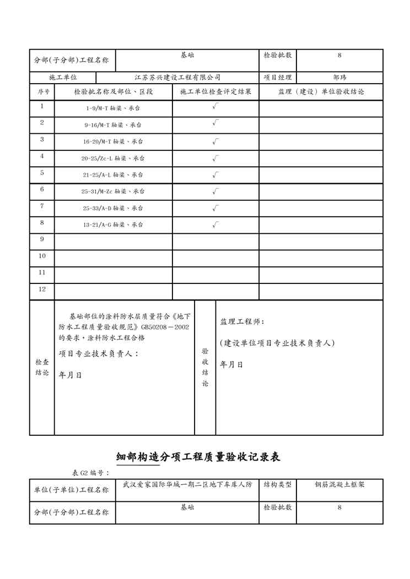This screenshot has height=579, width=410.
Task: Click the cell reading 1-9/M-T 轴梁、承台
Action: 113,108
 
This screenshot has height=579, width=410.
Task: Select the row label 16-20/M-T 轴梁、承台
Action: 113,141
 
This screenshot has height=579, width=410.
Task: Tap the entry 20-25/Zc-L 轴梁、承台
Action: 113,158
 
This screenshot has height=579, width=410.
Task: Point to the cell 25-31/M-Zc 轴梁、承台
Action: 113,192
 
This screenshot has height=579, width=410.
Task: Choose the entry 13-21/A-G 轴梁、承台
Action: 113,225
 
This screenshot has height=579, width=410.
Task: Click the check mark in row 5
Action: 215,175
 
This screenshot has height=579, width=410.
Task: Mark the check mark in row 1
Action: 215,107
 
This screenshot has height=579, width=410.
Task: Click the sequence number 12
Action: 42,289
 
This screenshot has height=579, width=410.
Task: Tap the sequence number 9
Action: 42,239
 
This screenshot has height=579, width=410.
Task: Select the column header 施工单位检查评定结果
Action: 215,92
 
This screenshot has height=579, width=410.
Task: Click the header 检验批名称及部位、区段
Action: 113,92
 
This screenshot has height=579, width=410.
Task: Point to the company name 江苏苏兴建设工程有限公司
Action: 177,78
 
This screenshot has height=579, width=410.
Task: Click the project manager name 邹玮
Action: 340,78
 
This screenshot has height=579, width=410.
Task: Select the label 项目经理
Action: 278,78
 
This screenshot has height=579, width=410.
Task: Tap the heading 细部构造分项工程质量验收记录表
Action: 199,457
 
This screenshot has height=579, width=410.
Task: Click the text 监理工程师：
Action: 242,321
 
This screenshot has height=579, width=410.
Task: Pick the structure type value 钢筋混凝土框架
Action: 339,485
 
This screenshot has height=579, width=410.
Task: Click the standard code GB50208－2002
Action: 165,327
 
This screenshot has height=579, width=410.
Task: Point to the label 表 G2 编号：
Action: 91,473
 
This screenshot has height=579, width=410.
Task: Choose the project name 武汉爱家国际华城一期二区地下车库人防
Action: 187,485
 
